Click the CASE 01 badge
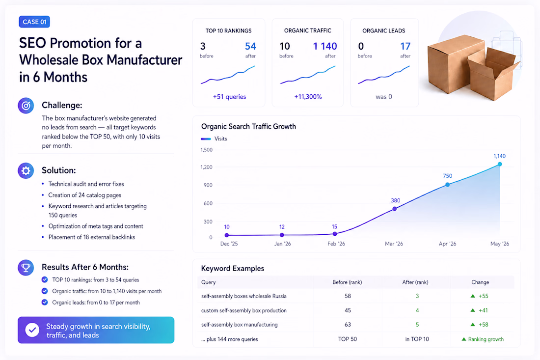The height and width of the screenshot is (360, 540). coord(34,22)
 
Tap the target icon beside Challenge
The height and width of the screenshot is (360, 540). coord(26,106)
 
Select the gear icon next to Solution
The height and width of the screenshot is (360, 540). coord(26,170)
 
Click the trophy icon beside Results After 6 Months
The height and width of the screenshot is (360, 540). coord(26,267)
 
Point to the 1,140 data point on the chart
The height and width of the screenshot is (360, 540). coord(500,165)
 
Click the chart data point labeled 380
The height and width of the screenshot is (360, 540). coord(395,209)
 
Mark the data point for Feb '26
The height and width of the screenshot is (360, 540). coord(335,234)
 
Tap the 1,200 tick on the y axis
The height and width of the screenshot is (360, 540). coord(206,167)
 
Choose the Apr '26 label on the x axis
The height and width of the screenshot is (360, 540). coord(447,244)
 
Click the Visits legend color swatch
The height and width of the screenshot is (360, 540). coord(206,139)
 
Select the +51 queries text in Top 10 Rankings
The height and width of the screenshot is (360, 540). coord(229,97)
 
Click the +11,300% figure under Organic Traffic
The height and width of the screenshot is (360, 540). coord(308,97)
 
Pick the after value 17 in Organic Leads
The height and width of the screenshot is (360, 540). coord(405,46)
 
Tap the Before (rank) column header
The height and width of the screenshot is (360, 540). coord(347,282)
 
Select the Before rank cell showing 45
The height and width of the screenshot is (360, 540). coord(348,310)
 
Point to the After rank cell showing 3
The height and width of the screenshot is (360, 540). coord(417,296)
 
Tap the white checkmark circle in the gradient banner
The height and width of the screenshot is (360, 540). coord(32,330)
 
